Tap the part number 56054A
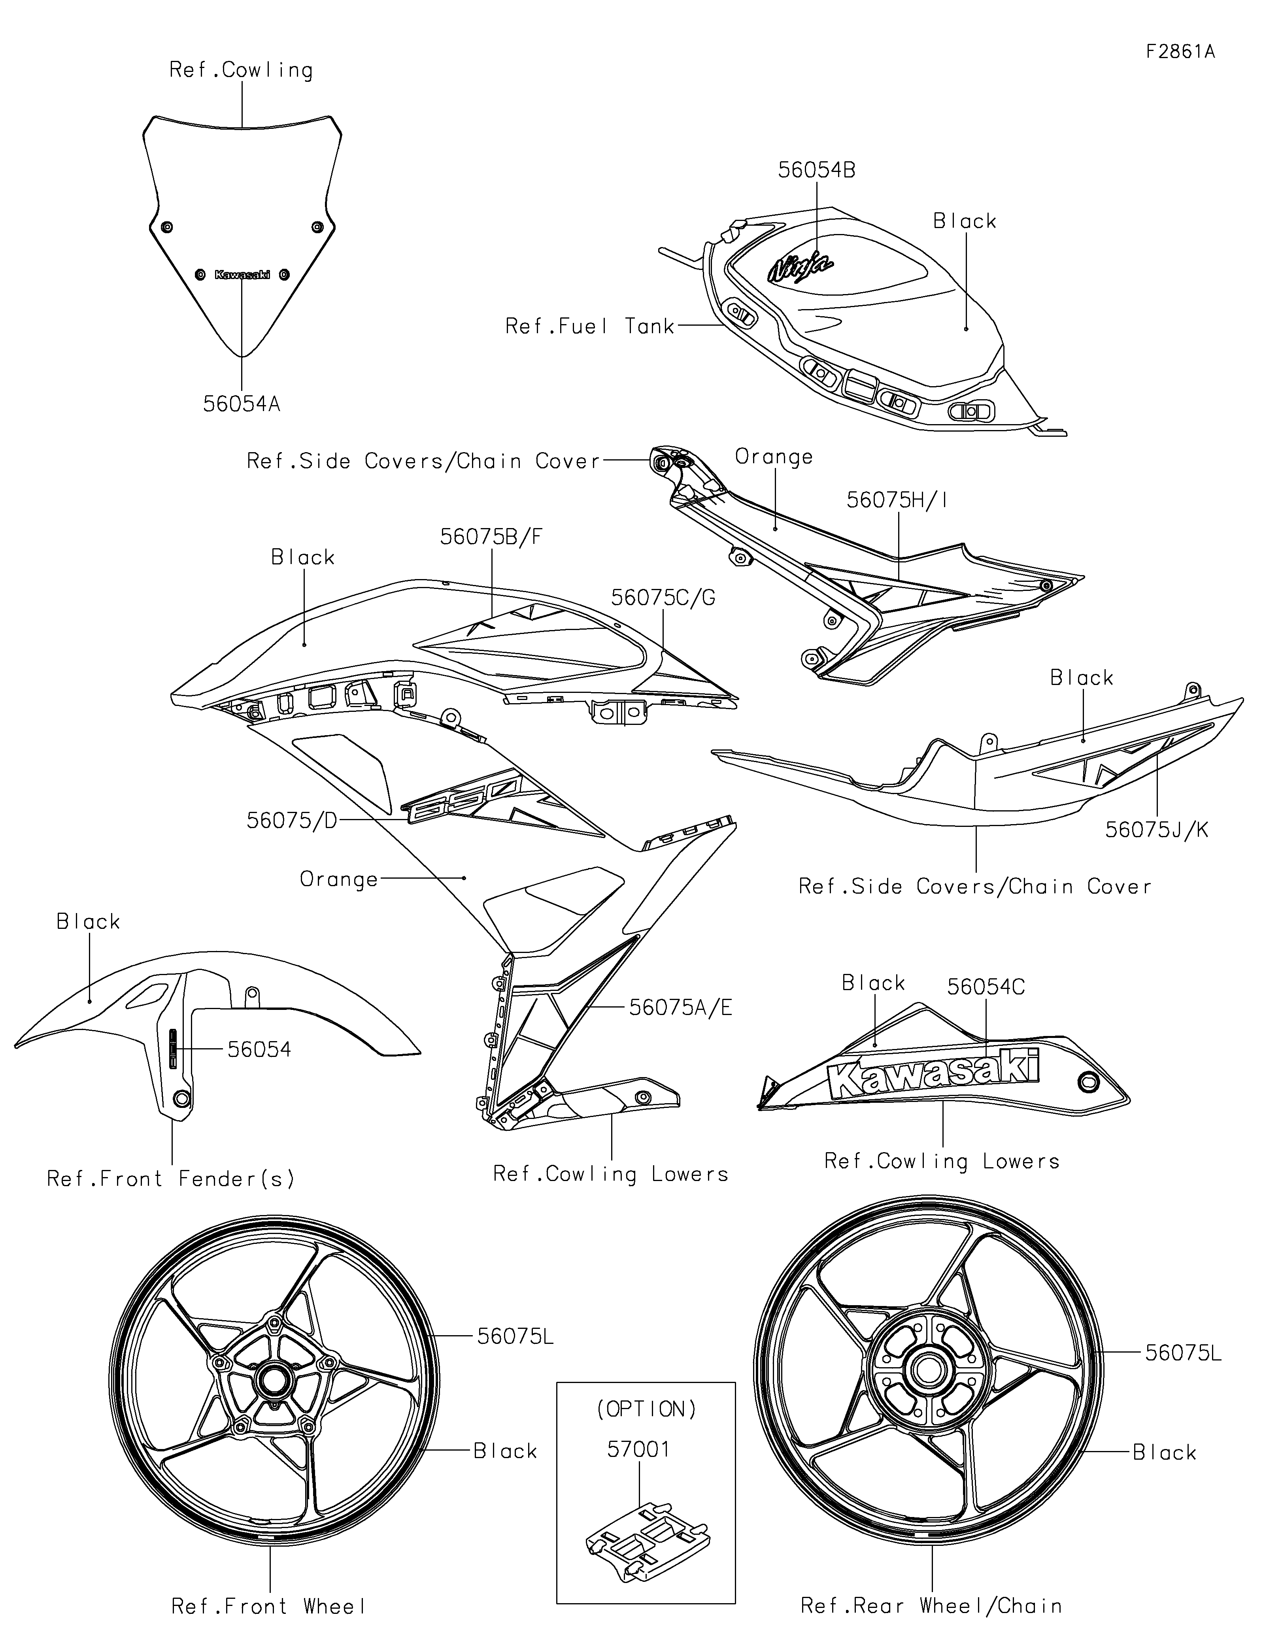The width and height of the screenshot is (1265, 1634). (242, 404)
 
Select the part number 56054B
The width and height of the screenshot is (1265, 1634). (817, 170)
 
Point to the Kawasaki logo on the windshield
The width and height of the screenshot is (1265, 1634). (242, 275)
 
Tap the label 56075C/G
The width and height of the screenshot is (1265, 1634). (663, 598)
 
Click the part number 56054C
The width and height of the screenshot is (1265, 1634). (986, 987)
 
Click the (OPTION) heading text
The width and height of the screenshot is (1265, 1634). (646, 1409)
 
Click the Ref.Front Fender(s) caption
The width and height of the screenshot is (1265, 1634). (170, 1179)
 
